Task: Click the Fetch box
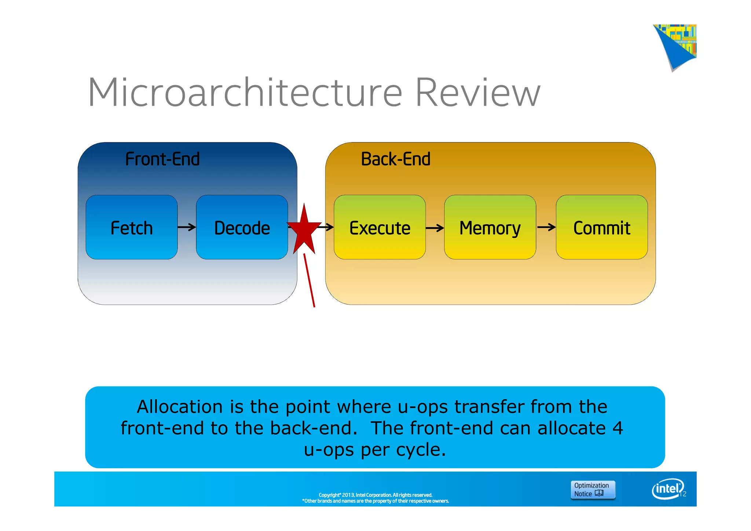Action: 131,227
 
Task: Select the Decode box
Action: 242,227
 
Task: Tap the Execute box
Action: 380,227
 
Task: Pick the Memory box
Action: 490,227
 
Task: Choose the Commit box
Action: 601,227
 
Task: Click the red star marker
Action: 304,230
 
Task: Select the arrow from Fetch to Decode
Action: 187,228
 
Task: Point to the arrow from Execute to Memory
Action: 435,228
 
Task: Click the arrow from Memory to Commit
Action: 546,228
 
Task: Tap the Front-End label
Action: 162,159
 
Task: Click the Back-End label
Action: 396,159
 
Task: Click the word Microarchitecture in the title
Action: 245,92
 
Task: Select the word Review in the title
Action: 477,92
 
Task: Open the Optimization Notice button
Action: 592,490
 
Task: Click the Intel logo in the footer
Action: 667,489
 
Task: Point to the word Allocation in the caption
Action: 180,407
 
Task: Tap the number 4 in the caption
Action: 618,428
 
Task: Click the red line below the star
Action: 309,280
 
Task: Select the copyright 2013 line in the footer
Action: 375,495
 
